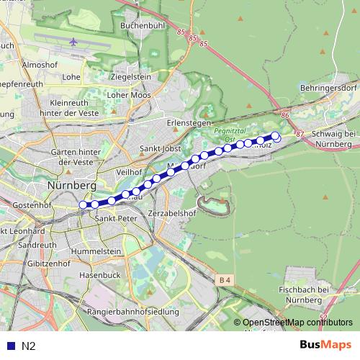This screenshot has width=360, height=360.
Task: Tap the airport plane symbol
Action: point(75,42)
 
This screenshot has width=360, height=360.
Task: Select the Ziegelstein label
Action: point(130,76)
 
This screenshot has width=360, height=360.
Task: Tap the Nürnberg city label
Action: point(71,185)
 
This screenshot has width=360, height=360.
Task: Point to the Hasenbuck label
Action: point(99,275)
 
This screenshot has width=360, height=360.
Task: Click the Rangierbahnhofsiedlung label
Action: point(132,311)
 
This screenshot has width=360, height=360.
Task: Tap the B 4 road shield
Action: point(226,279)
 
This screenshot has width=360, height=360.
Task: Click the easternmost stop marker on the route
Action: point(275,135)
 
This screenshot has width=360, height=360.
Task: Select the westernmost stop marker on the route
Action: point(83,205)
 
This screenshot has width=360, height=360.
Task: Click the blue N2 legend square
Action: point(9,346)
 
